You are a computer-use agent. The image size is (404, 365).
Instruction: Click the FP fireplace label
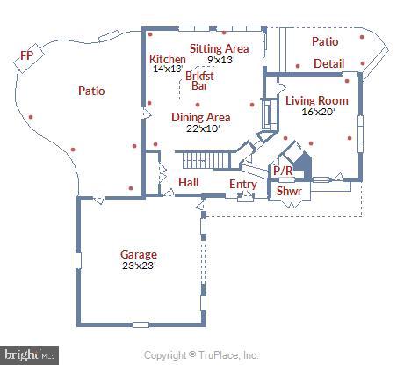(x=28, y=57)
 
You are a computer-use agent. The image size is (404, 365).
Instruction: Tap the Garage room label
(x=139, y=254)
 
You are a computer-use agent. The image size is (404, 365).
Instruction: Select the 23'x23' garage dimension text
(x=139, y=266)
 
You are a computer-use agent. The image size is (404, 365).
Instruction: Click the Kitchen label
(x=168, y=59)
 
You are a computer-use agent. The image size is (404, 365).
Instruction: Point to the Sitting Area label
(x=219, y=48)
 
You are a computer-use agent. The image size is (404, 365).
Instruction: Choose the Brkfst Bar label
(x=201, y=81)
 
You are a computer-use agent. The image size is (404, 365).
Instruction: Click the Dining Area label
(x=200, y=117)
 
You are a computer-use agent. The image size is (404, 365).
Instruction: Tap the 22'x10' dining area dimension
(x=200, y=128)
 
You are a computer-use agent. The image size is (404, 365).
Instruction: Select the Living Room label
(x=316, y=101)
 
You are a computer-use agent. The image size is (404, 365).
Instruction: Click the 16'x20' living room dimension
(x=316, y=113)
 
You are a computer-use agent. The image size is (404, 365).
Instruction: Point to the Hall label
(x=188, y=182)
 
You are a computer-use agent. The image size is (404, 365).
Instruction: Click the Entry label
(x=242, y=185)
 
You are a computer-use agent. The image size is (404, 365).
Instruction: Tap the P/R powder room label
(x=282, y=172)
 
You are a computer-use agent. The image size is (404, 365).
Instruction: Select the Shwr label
(x=289, y=191)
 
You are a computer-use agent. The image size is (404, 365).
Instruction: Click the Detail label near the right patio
(x=329, y=64)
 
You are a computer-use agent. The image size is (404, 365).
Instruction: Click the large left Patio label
(x=91, y=91)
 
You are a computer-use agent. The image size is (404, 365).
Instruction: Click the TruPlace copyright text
(x=201, y=355)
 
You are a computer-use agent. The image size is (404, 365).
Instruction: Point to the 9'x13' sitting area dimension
(x=222, y=60)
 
